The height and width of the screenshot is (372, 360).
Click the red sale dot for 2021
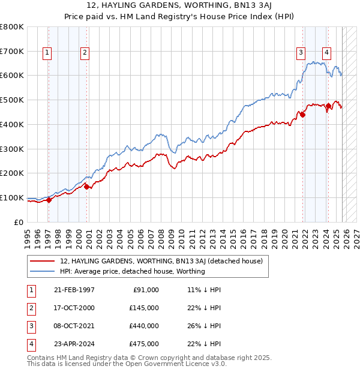click(303, 115)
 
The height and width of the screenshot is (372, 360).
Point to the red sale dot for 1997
click(49, 200)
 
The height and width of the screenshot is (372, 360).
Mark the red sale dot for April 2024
click(328, 106)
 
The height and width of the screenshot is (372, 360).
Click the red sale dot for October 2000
click(86, 187)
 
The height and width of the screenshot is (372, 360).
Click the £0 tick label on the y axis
click(20, 222)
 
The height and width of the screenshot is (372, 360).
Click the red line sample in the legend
click(42, 261)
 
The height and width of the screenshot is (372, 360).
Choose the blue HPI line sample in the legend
click(42, 271)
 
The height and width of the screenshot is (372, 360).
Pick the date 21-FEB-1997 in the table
click(74, 290)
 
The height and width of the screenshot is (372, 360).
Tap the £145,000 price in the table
click(145, 308)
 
